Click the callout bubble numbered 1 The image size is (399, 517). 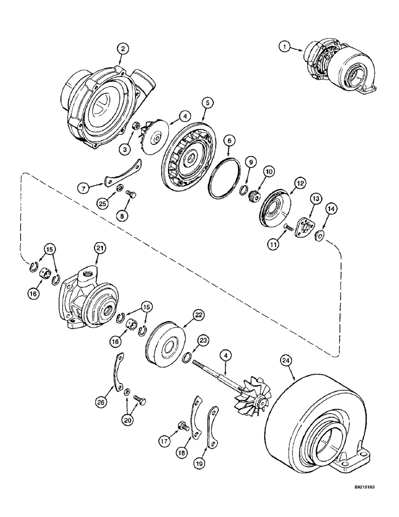tap(283, 48)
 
